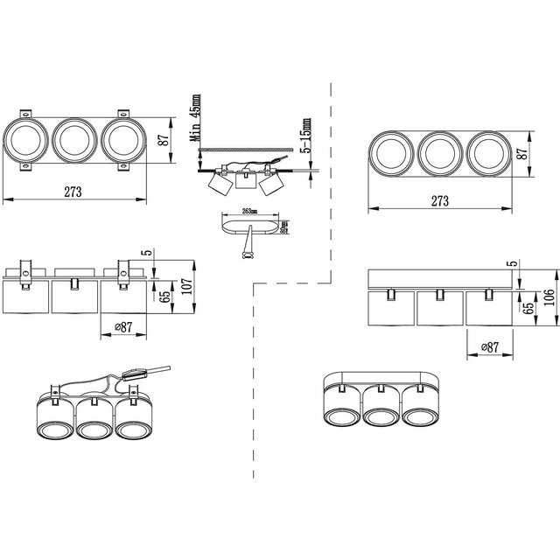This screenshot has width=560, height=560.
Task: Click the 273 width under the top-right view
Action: pyautogui.click(x=439, y=200)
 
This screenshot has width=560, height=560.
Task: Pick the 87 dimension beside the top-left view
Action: pyautogui.click(x=164, y=139)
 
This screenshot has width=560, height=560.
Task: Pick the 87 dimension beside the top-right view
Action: pyautogui.click(x=522, y=154)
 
